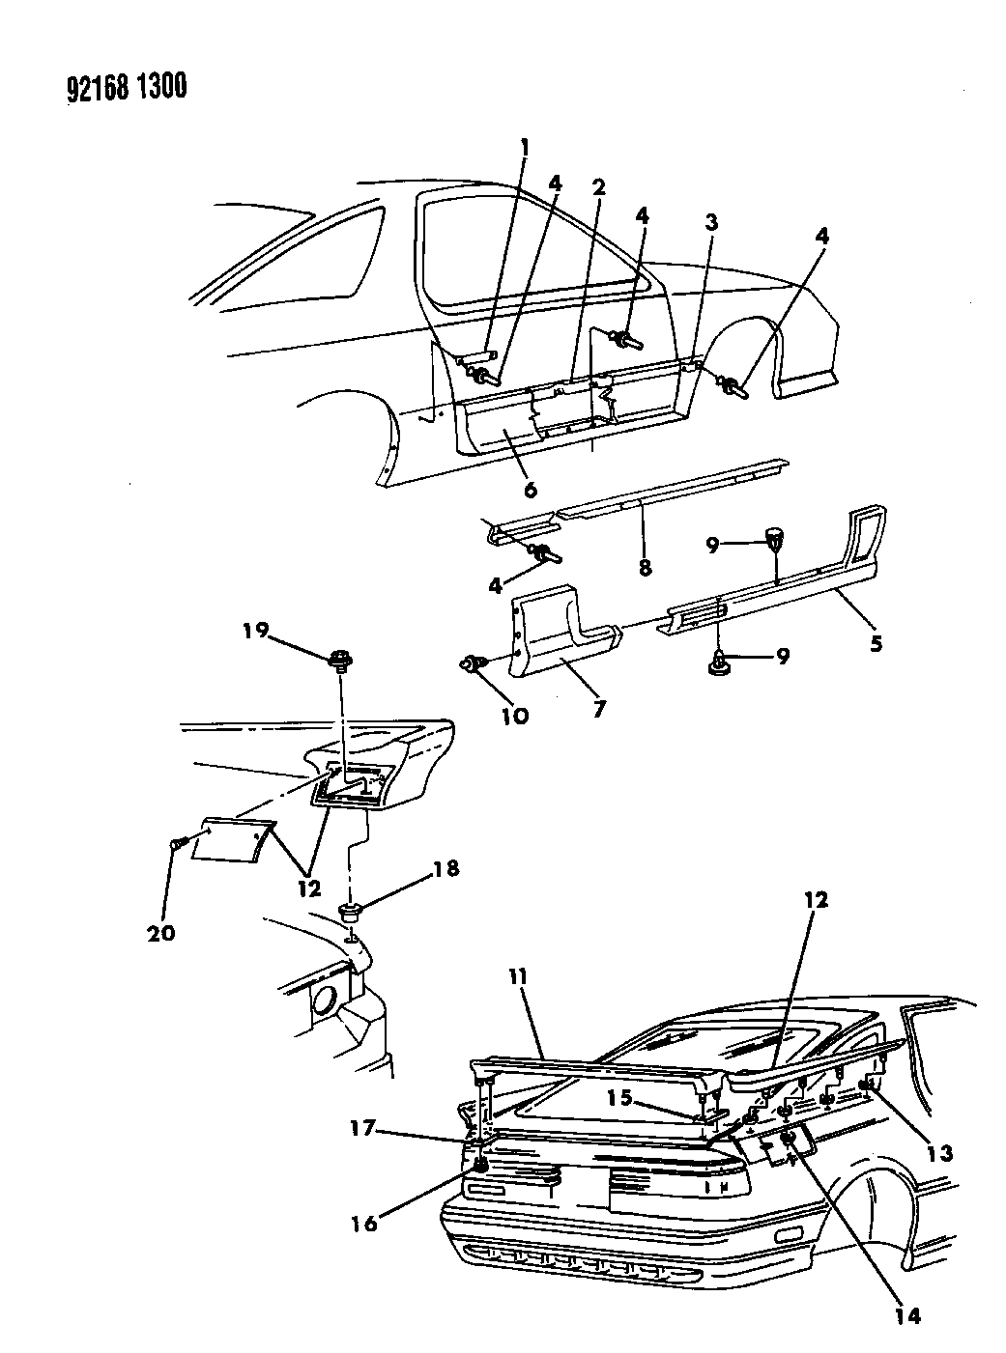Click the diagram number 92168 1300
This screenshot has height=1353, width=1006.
tap(114, 89)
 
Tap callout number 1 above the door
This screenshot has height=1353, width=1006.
tap(525, 147)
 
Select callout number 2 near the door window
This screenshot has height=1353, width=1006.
tap(599, 187)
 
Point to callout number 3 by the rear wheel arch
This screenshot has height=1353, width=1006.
tap(711, 223)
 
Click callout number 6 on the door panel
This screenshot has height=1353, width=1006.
tap(531, 490)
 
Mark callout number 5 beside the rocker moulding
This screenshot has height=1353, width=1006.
tap(875, 642)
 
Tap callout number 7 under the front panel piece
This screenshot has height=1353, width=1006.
tap(599, 708)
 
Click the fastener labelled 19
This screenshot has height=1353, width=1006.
tap(340, 662)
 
